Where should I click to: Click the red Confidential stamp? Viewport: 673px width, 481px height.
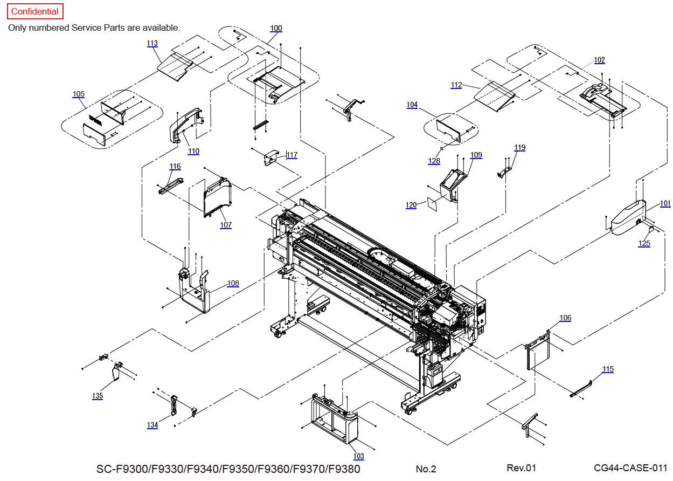(35, 11)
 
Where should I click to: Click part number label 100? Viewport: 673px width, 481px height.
(276, 28)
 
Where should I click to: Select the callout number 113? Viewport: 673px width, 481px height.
(152, 43)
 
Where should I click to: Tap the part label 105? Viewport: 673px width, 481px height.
(79, 94)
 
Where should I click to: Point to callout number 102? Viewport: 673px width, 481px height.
(600, 60)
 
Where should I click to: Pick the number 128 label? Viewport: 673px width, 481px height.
(434, 161)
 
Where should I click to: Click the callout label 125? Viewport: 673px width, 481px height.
(644, 243)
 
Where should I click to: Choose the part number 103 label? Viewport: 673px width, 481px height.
(358, 456)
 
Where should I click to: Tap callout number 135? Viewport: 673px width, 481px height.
(98, 396)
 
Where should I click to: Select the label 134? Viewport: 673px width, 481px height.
(152, 425)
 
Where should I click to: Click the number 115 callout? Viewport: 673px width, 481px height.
(608, 369)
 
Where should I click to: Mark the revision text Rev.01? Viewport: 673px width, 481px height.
(521, 468)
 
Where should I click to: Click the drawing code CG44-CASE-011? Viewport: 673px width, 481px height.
(630, 468)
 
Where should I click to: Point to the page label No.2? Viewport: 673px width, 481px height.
(426, 469)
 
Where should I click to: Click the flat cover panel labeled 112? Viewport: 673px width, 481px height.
(495, 97)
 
